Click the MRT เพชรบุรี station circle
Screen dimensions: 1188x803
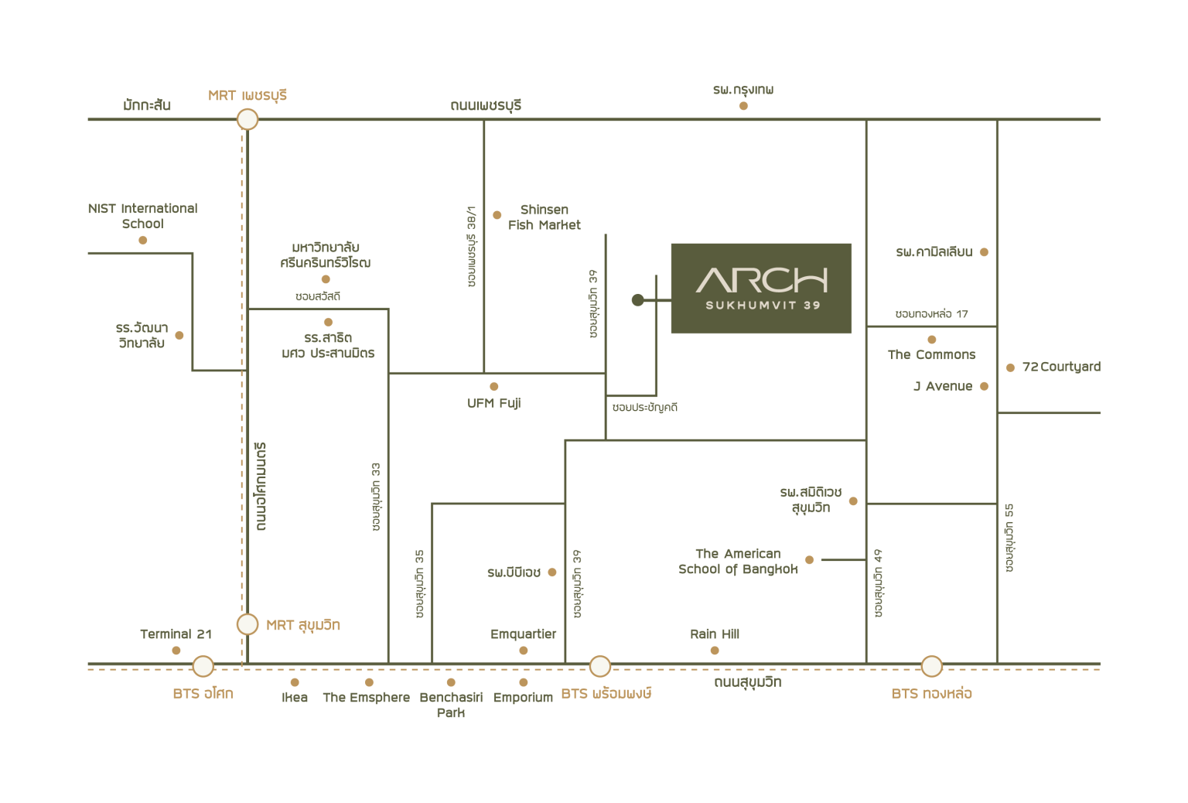click(247, 119)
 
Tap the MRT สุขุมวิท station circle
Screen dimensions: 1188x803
click(247, 624)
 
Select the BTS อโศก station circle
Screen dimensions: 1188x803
click(203, 666)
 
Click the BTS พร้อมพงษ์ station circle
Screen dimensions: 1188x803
click(600, 666)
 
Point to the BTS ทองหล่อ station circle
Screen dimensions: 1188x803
click(931, 666)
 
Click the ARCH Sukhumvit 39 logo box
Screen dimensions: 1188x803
click(761, 288)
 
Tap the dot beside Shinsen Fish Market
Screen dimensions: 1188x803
click(497, 215)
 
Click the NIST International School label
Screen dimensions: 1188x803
click(142, 216)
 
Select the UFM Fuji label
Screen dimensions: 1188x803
click(493, 403)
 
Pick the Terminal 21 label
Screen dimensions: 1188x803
click(176, 634)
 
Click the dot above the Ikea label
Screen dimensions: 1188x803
click(295, 682)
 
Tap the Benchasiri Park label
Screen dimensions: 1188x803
click(451, 704)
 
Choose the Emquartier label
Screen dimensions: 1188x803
click(523, 634)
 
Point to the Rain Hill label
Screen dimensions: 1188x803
click(715, 634)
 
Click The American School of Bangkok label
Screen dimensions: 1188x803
click(738, 561)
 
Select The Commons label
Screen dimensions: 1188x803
click(931, 354)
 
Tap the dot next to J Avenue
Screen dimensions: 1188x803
click(985, 386)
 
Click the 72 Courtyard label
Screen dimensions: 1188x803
click(1061, 367)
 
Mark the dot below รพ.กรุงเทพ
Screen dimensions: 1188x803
click(743, 106)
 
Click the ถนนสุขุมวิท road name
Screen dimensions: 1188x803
click(747, 682)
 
